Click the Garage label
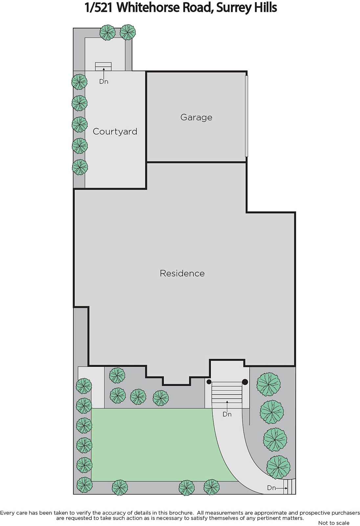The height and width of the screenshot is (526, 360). [196, 117]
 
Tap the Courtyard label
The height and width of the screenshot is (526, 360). [115, 131]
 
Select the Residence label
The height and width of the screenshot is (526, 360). [182, 273]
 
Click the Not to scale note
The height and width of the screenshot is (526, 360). [334, 523]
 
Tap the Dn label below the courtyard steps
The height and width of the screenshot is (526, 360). [104, 82]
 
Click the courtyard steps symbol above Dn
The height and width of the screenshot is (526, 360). [103, 66]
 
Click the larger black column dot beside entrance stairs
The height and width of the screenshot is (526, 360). [245, 382]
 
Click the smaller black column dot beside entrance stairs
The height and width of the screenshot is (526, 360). [209, 382]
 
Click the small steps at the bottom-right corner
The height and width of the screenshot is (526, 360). [289, 487]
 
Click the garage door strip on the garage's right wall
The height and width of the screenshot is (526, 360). [246, 116]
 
